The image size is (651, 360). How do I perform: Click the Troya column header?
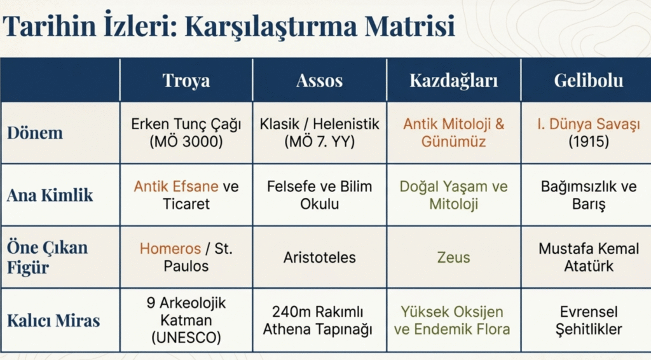click(186, 80)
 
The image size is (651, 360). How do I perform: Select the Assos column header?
click(319, 80)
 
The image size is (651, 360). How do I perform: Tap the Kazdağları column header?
click(453, 81)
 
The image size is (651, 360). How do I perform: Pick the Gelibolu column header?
click(588, 80)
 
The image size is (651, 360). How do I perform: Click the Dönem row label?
click(35, 132)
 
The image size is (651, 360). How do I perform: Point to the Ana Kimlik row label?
click(50, 195)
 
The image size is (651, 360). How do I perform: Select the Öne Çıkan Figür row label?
click(47, 257)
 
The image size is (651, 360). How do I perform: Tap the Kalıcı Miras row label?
click(53, 320)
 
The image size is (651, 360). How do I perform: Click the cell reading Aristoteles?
click(319, 258)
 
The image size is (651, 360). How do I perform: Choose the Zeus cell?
click(453, 258)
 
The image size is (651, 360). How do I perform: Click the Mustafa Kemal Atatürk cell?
click(589, 257)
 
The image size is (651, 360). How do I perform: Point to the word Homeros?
click(170, 248)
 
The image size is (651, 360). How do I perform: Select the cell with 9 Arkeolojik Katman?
click(186, 320)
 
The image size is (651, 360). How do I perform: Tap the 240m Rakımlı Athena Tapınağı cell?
click(318, 320)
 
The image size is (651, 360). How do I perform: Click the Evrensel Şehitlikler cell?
click(589, 320)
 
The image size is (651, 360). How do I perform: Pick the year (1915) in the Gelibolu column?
click(589, 142)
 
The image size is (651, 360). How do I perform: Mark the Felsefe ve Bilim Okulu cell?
click(319, 195)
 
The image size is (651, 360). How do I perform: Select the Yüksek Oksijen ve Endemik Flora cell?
click(452, 320)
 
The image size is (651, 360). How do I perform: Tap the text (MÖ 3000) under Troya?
click(186, 142)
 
